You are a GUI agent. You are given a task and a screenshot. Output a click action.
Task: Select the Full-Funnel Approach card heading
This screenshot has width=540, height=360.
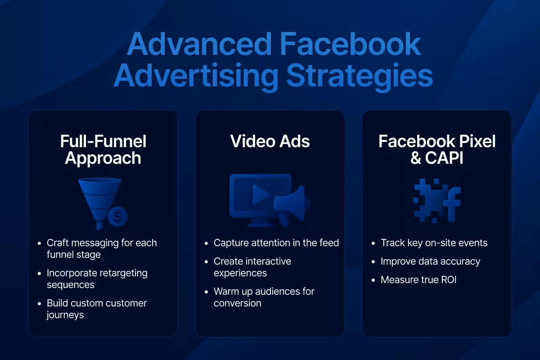click(103, 149)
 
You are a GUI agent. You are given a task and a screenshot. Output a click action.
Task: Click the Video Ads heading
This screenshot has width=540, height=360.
click(270, 141)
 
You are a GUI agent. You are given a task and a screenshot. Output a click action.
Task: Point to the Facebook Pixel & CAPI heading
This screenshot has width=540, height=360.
click(437, 149)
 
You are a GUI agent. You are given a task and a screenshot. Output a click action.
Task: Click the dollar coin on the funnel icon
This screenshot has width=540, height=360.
click(117, 217)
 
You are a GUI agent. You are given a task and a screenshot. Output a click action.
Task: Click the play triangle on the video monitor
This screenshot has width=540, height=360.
click(261, 194)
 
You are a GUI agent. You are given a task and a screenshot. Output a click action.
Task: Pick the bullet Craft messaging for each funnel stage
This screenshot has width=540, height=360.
click(102, 248)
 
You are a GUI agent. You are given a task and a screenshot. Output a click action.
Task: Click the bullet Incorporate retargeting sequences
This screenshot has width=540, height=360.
click(97, 279)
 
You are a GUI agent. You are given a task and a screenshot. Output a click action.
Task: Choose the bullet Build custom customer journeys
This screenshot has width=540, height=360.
click(97, 309)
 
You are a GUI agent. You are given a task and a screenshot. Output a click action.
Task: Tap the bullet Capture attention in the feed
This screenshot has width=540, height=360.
click(276, 243)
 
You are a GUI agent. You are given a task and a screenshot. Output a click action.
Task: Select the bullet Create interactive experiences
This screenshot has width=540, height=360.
click(252, 267)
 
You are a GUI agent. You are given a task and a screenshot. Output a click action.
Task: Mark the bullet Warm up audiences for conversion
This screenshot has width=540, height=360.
click(264, 297)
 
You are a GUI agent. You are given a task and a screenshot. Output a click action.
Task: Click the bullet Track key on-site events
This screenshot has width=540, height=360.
click(434, 243)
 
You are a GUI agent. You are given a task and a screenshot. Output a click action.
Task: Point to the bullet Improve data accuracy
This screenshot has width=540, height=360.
click(430, 261)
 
